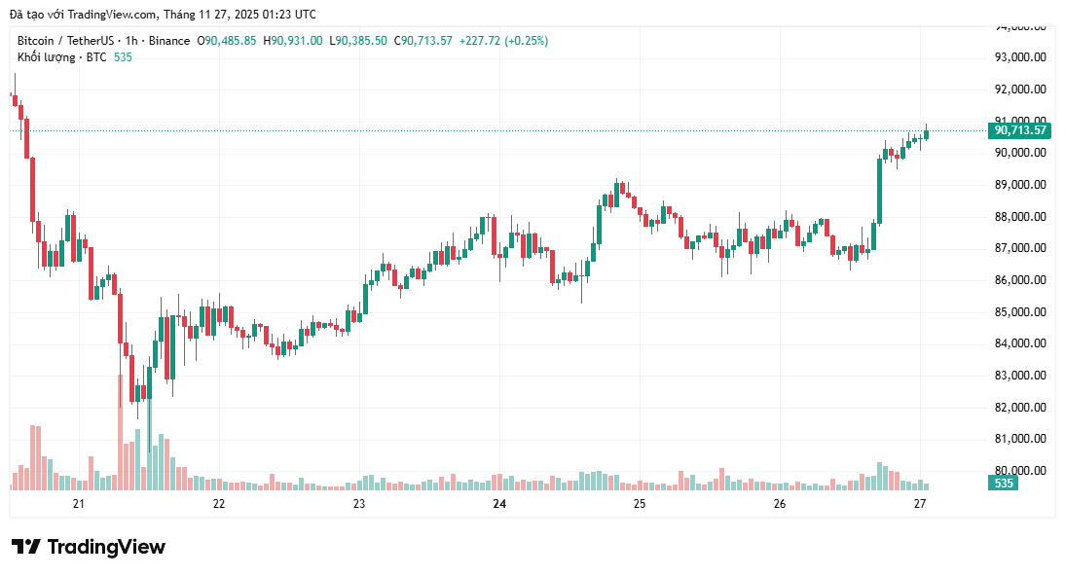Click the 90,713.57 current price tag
click(x=1019, y=130)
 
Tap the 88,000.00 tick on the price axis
click(x=1019, y=216)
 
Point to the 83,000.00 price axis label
click(x=1019, y=376)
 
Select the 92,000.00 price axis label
click(x=1019, y=90)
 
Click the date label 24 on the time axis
click(x=499, y=503)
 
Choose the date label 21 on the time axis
click(x=79, y=503)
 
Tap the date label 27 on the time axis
click(x=920, y=503)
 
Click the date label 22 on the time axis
click(x=219, y=503)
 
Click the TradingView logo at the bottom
click(x=89, y=547)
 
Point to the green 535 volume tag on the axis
click(x=1005, y=483)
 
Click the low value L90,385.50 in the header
click(x=357, y=41)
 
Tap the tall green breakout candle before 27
click(x=880, y=190)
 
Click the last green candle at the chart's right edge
click(x=926, y=133)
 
